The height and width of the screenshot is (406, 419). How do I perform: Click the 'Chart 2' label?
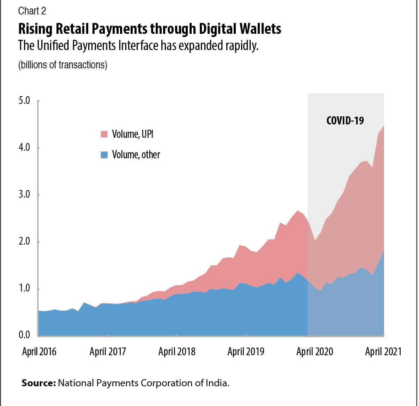point(32,11)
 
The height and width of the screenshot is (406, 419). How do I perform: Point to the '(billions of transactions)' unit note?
point(62,65)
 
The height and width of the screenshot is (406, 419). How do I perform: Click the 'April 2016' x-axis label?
point(39,352)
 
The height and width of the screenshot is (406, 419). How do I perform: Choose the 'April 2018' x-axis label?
point(176,352)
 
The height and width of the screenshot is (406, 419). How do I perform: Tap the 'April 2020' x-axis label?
point(315,352)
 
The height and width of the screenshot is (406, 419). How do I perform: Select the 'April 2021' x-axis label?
point(383,352)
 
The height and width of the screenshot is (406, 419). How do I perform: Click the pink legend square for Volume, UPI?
point(104,134)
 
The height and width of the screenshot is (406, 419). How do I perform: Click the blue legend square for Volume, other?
point(104,155)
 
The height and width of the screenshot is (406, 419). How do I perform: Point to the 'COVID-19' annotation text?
point(345,121)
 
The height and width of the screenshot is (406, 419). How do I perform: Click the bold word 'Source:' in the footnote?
point(39,383)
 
